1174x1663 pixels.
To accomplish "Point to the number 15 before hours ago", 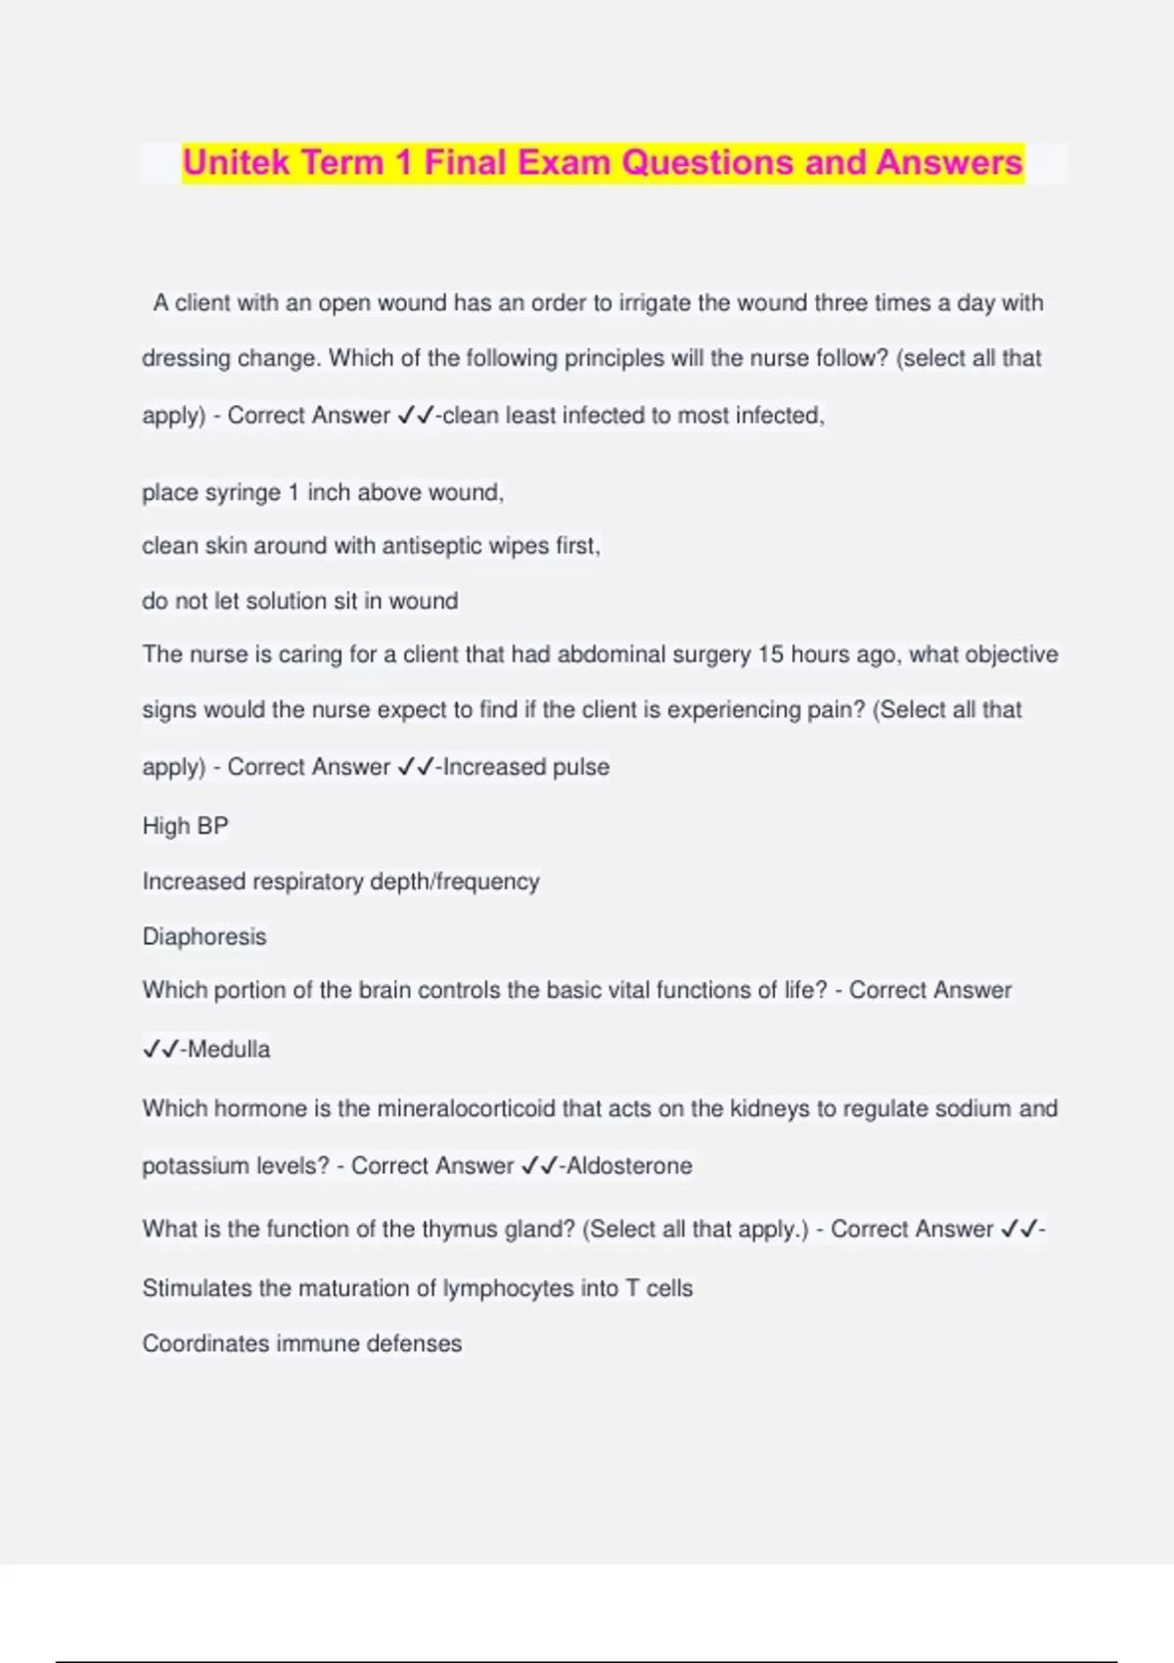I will point(771,654).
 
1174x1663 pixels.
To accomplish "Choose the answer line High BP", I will point(185,827).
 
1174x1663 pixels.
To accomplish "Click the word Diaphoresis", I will point(204,937).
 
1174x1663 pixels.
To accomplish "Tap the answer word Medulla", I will point(229,1050).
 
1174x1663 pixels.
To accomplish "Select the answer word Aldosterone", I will point(629,1166).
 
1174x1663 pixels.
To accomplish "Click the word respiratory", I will point(308,882).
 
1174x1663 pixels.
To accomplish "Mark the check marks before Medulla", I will point(160,1050).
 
